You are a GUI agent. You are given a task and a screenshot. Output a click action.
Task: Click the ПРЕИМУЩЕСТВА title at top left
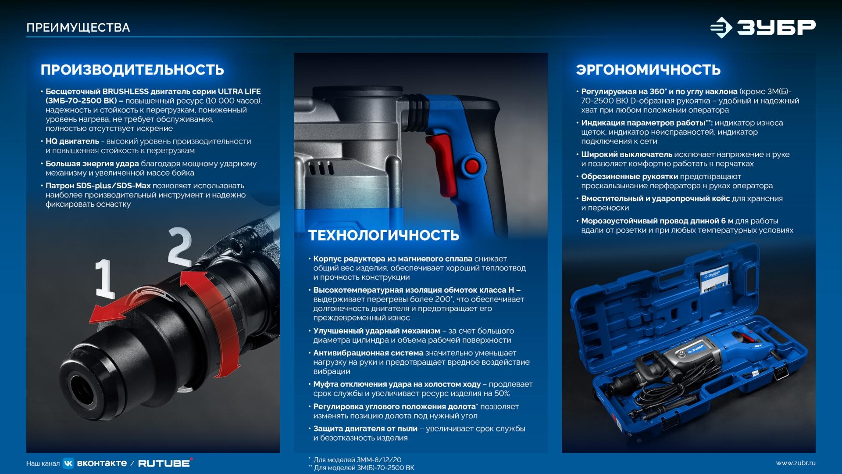click(x=78, y=28)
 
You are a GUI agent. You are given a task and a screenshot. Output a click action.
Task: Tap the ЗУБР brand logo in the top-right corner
click(x=763, y=28)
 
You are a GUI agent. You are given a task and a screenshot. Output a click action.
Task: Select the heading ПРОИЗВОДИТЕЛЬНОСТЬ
click(x=132, y=70)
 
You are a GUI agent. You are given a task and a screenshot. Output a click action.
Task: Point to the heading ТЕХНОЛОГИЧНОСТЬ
click(x=384, y=235)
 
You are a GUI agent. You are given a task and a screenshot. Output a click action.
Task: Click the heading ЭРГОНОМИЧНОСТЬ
click(x=648, y=70)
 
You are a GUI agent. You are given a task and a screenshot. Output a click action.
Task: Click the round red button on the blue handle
click(x=472, y=166)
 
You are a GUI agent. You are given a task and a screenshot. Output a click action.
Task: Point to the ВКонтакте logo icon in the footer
click(x=68, y=463)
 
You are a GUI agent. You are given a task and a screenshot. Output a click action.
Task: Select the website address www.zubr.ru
click(x=796, y=463)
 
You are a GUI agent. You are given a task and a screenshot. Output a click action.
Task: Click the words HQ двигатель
click(x=72, y=141)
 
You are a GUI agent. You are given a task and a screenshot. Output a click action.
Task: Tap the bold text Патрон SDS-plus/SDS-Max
click(x=98, y=186)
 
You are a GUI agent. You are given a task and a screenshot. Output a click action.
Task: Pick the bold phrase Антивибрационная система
click(x=368, y=353)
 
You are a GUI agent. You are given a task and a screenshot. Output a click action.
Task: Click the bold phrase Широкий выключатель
click(x=627, y=154)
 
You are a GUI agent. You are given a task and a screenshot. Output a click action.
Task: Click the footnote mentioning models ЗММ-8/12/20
click(x=355, y=460)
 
